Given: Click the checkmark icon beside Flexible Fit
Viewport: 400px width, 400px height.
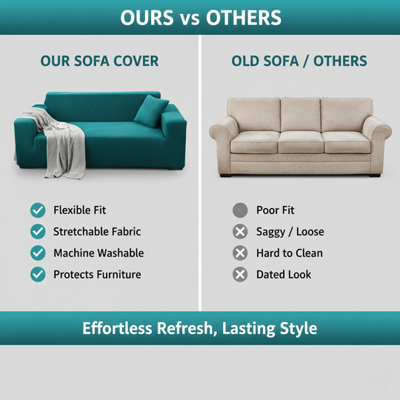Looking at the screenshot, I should pyautogui.click(x=38, y=210).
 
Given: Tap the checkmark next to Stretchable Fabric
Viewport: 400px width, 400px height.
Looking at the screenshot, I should pyautogui.click(x=38, y=232).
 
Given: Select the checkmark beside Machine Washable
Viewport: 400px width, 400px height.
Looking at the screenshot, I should pyautogui.click(x=38, y=253).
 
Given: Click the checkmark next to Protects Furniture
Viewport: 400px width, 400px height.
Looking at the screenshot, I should pyautogui.click(x=38, y=275).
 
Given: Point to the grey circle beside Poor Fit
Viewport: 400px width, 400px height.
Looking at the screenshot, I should pyautogui.click(x=240, y=210).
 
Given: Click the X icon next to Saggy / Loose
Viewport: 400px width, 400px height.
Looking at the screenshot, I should pyautogui.click(x=240, y=232).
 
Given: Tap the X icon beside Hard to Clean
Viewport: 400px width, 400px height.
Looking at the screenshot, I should pyautogui.click(x=240, y=253).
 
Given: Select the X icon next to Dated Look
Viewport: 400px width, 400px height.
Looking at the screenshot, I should pyautogui.click(x=240, y=275).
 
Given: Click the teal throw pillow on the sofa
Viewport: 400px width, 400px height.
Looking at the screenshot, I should pyautogui.click(x=151, y=110).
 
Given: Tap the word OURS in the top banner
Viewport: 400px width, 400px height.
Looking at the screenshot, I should pyautogui.click(x=147, y=17).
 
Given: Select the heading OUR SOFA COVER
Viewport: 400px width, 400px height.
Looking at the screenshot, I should pyautogui.click(x=99, y=61).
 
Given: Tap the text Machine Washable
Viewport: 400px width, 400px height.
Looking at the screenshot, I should pyautogui.click(x=99, y=253).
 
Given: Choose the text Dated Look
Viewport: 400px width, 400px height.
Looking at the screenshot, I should pyautogui.click(x=284, y=275).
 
